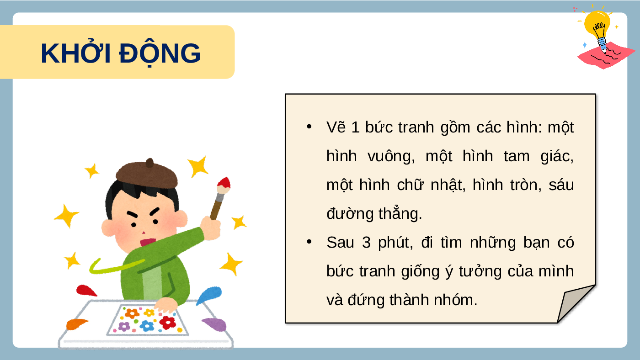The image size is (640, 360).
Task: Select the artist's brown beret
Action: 147,174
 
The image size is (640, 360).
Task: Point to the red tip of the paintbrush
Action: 224,183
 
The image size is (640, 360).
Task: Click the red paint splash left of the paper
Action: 86,291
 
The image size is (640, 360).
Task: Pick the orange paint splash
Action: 76,324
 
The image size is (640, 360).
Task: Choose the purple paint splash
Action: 214,324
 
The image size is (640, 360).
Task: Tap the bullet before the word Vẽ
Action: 309,127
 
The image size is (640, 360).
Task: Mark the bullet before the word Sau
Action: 309,242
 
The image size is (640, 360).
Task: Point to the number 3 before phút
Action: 366,243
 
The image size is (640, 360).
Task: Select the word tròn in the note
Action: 526,185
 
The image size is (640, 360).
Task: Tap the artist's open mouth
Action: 148,242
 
